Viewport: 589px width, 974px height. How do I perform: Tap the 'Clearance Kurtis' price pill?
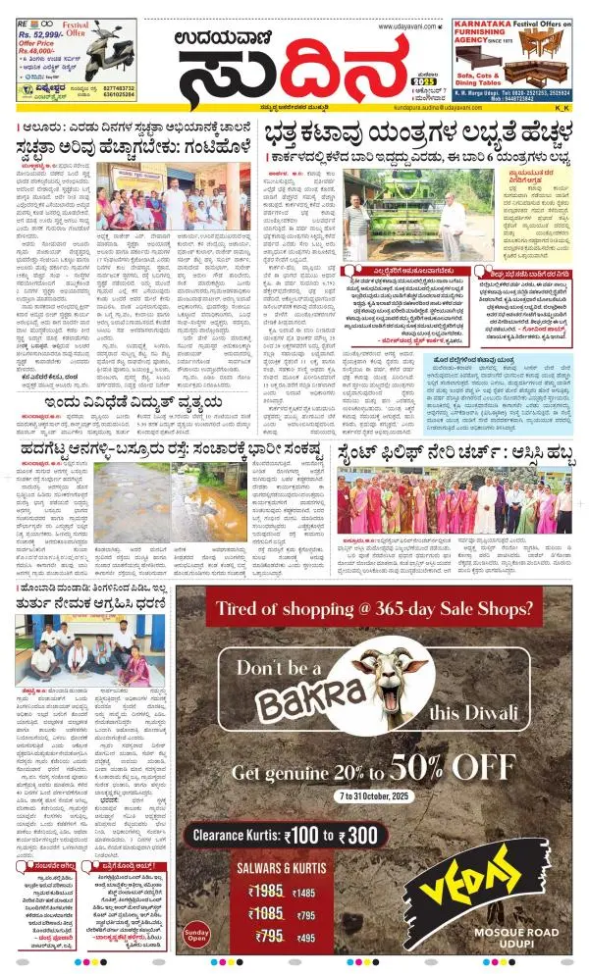tap(283, 833)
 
